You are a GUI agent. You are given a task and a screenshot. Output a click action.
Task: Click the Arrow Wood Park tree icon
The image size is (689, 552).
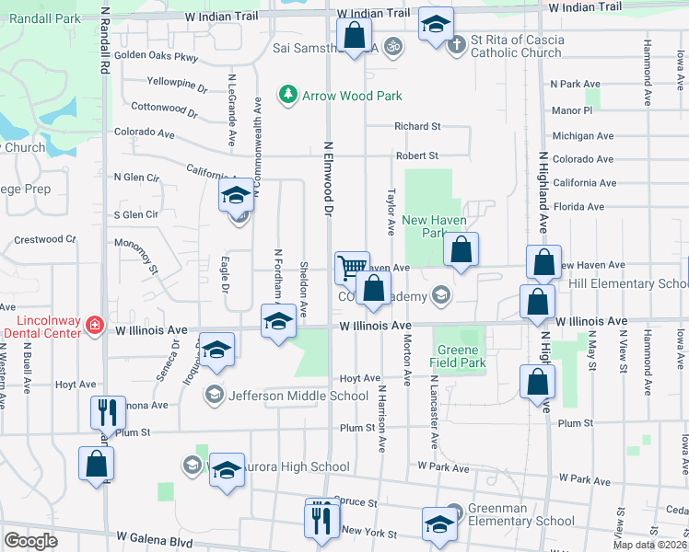(x=288, y=95)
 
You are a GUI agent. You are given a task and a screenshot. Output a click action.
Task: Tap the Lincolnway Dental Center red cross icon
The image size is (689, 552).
(x=94, y=325)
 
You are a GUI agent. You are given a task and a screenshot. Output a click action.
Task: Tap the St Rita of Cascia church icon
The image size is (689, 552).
(x=457, y=44)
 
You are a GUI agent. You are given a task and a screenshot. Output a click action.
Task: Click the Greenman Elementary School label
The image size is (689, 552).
(x=522, y=513)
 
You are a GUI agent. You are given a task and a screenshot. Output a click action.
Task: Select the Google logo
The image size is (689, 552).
(x=30, y=541)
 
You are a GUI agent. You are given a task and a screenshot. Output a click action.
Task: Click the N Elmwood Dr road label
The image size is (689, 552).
(x=327, y=178)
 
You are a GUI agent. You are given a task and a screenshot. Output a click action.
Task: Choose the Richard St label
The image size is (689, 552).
(x=417, y=126)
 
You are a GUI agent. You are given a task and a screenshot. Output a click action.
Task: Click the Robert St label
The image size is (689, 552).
(x=416, y=156)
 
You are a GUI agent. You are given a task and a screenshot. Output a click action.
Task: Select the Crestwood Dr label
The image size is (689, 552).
(x=45, y=239)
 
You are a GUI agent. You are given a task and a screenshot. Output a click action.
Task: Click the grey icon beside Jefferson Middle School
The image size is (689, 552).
(x=214, y=395)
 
